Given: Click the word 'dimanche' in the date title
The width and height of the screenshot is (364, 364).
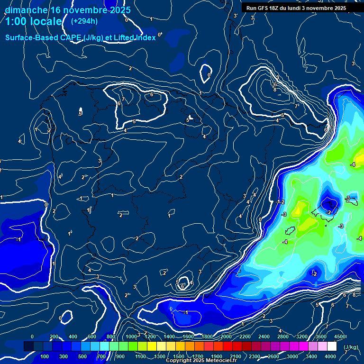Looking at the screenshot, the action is [26, 10].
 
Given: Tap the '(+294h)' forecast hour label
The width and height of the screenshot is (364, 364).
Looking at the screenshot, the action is [84, 21].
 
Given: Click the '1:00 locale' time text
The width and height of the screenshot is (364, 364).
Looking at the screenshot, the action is [34, 22].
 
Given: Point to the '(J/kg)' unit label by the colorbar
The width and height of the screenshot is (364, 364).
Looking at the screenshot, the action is [351, 347].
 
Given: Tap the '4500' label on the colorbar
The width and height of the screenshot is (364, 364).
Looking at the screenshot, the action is [339, 337].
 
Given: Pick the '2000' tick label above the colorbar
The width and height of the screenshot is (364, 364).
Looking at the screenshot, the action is [226, 337].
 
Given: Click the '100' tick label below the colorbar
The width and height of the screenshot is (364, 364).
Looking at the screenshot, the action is [45, 356].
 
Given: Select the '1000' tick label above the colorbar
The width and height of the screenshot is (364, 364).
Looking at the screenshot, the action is [131, 337].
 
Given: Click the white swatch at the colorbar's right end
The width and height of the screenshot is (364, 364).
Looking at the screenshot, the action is [332, 346].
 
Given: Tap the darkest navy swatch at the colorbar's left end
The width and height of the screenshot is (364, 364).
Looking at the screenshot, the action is [28, 346].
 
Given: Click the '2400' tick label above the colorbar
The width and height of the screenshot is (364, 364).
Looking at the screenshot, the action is [264, 337].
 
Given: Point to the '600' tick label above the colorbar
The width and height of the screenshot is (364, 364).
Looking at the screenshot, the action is [92, 337].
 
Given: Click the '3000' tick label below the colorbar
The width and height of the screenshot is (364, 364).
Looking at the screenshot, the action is [293, 356].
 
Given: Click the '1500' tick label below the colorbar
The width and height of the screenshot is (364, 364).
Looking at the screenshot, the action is [178, 356].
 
